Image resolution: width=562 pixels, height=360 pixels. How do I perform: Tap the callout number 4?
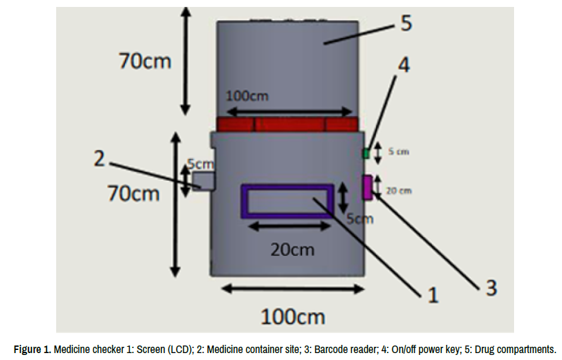tap(403, 65)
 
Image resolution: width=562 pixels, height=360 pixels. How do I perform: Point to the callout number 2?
tap(99, 158)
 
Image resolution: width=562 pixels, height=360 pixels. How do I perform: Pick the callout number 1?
tap(432, 294)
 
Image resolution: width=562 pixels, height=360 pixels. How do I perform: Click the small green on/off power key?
tap(365, 153)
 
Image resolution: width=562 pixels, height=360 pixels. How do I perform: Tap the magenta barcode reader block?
tap(368, 187)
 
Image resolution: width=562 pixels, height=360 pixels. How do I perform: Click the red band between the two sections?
tap(287, 124)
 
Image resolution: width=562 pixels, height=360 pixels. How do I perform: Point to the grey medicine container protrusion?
tap(203, 181)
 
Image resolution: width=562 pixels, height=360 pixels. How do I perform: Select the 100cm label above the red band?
tap(247, 96)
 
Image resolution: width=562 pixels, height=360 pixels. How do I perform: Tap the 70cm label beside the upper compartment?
tap(145, 61)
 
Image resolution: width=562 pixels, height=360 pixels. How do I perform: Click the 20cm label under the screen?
tap(292, 249)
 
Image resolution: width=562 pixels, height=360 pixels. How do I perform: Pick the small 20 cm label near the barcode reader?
tap(399, 190)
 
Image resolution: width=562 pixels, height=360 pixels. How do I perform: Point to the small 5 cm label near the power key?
tap(398, 151)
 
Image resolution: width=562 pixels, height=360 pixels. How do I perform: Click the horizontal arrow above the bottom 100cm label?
tap(293, 289)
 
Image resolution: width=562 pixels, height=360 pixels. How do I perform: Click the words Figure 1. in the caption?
tap(32, 349)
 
